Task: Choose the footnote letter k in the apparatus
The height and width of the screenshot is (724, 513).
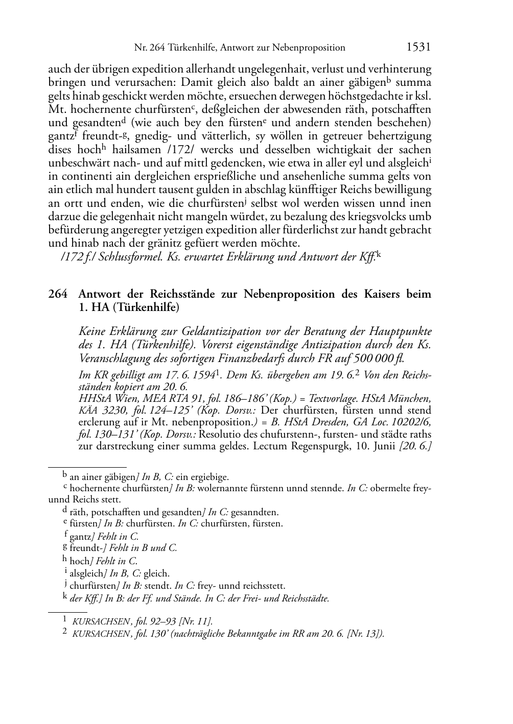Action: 65,597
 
